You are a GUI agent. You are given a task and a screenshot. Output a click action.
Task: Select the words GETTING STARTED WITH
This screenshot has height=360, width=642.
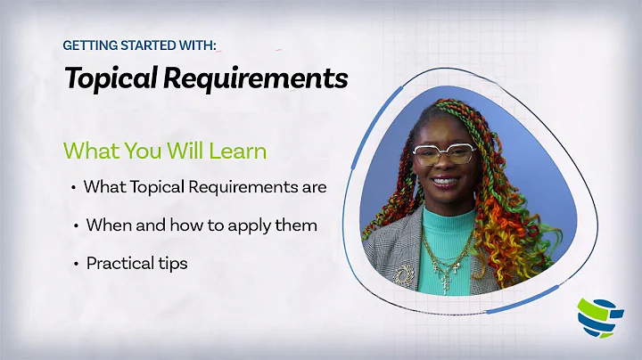click(139, 45)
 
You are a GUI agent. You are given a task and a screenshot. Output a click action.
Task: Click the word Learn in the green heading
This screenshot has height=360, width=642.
click(237, 151)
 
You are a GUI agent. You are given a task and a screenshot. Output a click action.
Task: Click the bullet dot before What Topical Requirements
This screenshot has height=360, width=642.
click(73, 188)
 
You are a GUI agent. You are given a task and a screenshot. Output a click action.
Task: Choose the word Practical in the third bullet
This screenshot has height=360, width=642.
click(120, 264)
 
